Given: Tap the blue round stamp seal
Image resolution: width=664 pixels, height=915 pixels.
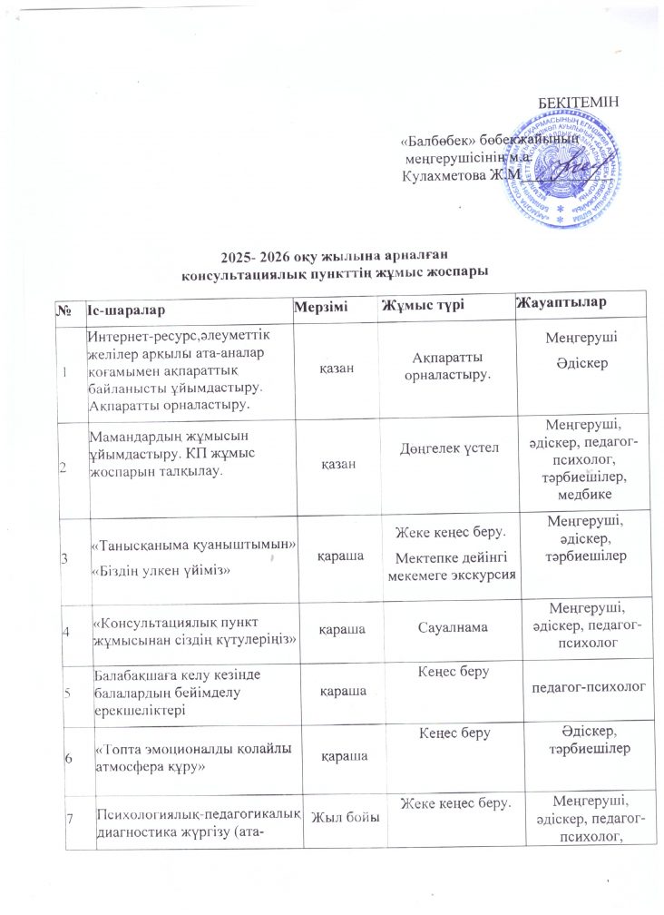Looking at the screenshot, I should pyautogui.click(x=553, y=163).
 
